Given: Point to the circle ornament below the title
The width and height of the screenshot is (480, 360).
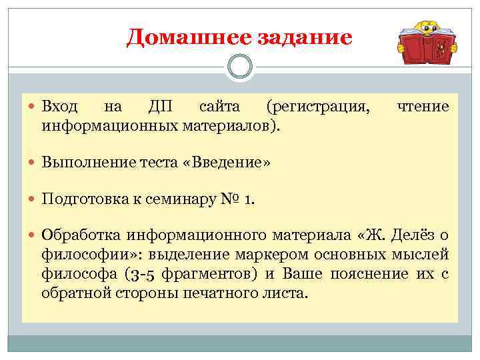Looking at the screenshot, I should click(x=240, y=67).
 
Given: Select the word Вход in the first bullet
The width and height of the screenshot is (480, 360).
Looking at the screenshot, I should click(x=60, y=107).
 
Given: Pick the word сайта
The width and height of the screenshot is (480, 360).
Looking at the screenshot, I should click(x=219, y=107).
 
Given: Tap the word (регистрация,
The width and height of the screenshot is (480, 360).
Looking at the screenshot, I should click(x=318, y=107).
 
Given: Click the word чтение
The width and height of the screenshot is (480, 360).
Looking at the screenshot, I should click(x=423, y=107).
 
